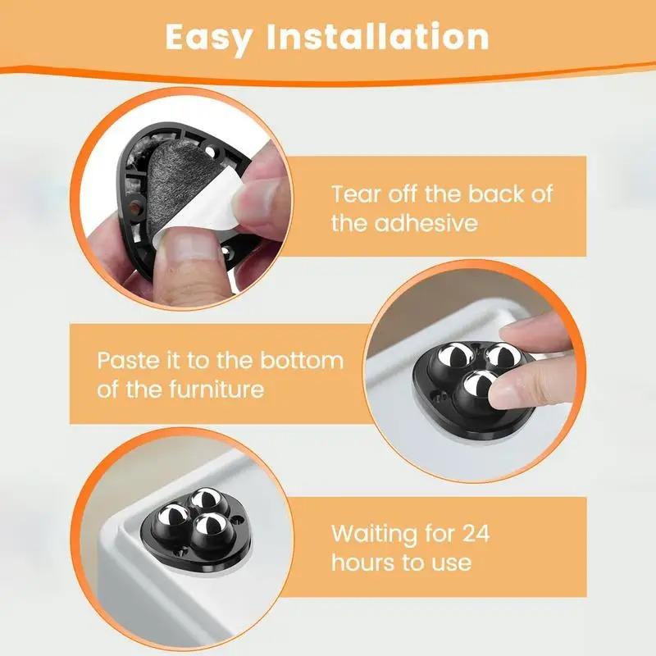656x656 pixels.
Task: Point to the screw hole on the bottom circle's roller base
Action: (237, 518)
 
